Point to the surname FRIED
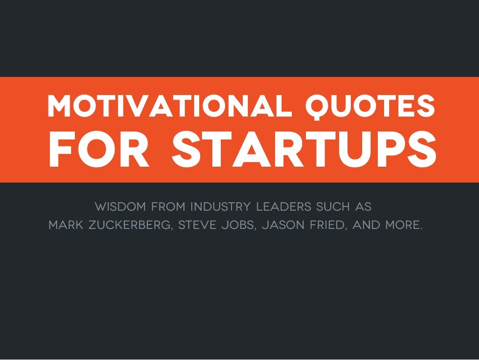327,225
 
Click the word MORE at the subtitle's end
404,225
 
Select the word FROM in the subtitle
169,206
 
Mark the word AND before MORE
366,225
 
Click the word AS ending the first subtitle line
364,206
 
